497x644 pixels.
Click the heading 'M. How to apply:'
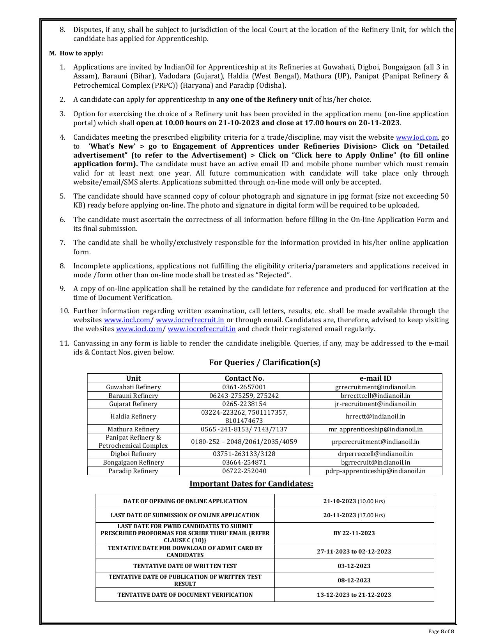(x=76, y=53)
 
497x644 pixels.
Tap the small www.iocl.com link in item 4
(x=417, y=138)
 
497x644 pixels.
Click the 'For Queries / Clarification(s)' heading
(x=265, y=362)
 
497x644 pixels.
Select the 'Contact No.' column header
(x=244, y=378)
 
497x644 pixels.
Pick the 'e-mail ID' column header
(x=375, y=378)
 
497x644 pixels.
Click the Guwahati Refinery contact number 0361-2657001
(x=244, y=387)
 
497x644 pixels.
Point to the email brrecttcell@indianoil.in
(x=375, y=396)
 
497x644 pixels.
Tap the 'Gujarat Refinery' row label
(x=133, y=404)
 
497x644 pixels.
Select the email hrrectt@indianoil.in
(x=375, y=416)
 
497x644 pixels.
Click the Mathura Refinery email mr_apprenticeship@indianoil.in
(x=375, y=429)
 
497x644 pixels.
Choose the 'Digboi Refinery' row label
(x=133, y=454)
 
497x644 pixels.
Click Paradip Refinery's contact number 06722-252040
(x=244, y=471)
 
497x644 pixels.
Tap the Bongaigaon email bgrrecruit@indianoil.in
(x=375, y=462)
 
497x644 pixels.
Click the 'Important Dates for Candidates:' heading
(x=251, y=484)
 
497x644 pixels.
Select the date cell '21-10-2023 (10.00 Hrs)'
(x=354, y=501)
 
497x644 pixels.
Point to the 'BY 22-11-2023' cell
(x=354, y=533)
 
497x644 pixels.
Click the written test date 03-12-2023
(x=354, y=566)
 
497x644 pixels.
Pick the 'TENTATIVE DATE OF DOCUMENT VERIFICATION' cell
(x=185, y=594)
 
